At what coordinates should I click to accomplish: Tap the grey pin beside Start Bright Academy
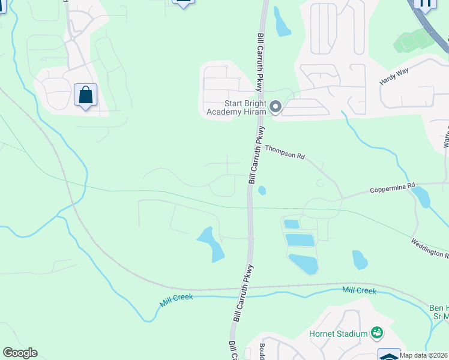(276, 107)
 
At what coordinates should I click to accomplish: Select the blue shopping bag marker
(85, 95)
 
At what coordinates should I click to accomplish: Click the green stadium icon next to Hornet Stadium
(377, 332)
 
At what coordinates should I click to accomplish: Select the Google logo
(20, 353)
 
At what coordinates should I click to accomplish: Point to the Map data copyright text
(424, 355)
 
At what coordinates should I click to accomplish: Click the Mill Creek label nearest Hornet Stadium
(359, 291)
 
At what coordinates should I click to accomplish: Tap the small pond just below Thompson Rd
(262, 191)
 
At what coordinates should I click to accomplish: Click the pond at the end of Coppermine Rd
(422, 197)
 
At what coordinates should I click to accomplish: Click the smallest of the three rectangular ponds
(291, 224)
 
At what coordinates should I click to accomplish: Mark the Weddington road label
(430, 248)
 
